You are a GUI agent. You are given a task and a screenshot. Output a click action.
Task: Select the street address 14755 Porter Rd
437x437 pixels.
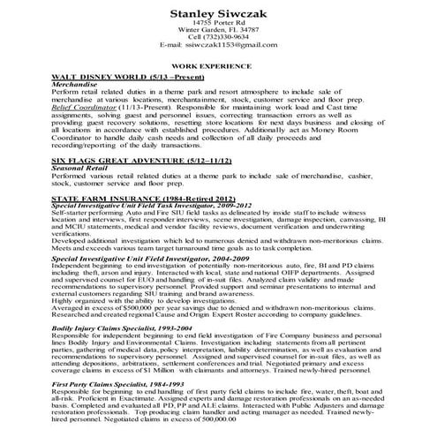click(218, 26)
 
